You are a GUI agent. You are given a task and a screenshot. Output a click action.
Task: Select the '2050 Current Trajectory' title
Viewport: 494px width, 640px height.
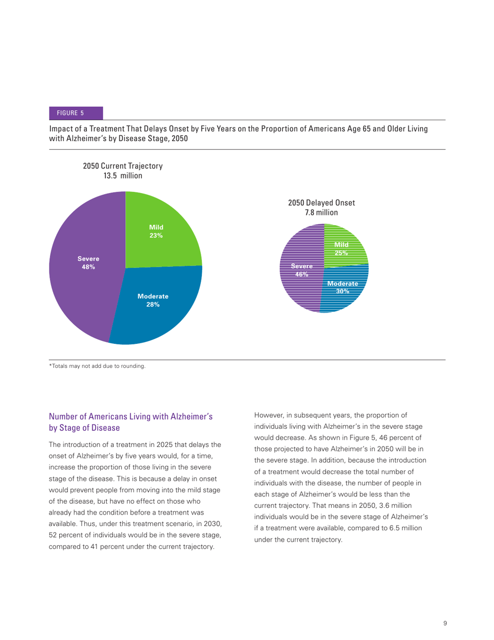pos(123,167)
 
